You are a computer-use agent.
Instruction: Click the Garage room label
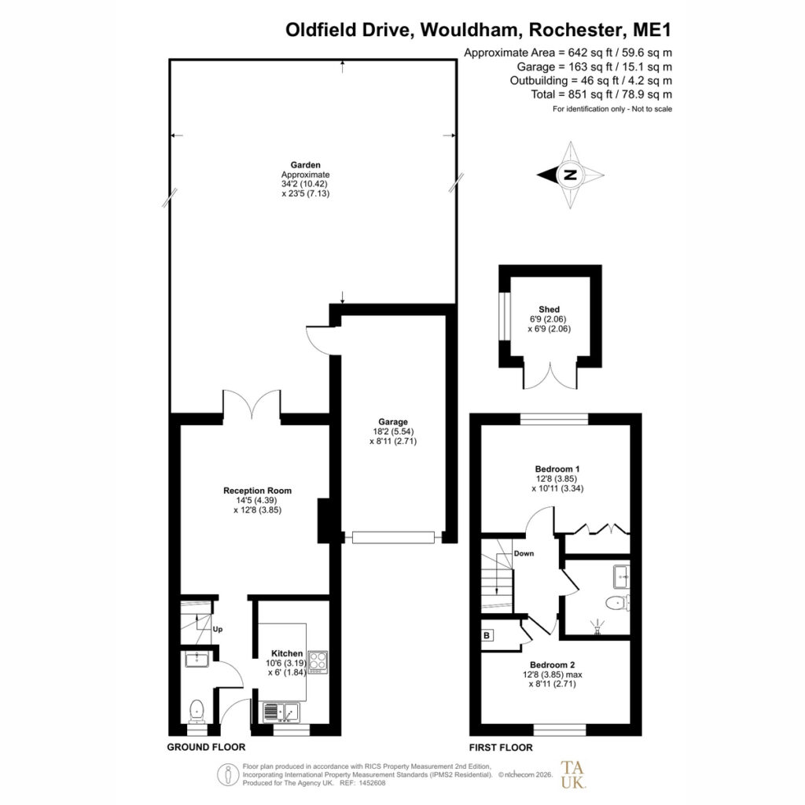click(x=393, y=422)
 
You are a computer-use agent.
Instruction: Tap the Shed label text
click(x=549, y=309)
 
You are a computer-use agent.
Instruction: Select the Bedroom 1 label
click(x=557, y=469)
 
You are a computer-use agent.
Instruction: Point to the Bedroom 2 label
click(x=553, y=665)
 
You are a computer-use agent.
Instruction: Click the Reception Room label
click(x=257, y=491)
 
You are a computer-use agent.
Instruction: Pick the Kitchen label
click(x=287, y=653)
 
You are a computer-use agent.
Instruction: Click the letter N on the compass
click(x=570, y=175)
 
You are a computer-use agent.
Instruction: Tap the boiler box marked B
click(x=487, y=635)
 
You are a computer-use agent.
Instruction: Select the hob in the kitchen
click(x=318, y=662)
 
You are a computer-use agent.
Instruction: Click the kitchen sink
click(x=281, y=712)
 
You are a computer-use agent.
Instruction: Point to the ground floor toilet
click(x=197, y=711)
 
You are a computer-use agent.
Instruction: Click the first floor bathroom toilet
click(x=618, y=602)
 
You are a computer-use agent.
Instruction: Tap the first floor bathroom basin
click(x=622, y=576)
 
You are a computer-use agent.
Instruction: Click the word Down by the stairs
click(x=524, y=553)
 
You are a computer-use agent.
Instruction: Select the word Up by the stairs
click(x=218, y=630)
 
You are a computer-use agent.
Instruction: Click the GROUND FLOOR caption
click(x=206, y=747)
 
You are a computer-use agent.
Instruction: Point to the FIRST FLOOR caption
click(x=501, y=748)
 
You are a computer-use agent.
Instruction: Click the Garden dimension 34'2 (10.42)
click(x=304, y=184)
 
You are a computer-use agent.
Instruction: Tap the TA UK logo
click(x=573, y=774)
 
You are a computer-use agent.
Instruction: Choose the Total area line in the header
click(x=601, y=94)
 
